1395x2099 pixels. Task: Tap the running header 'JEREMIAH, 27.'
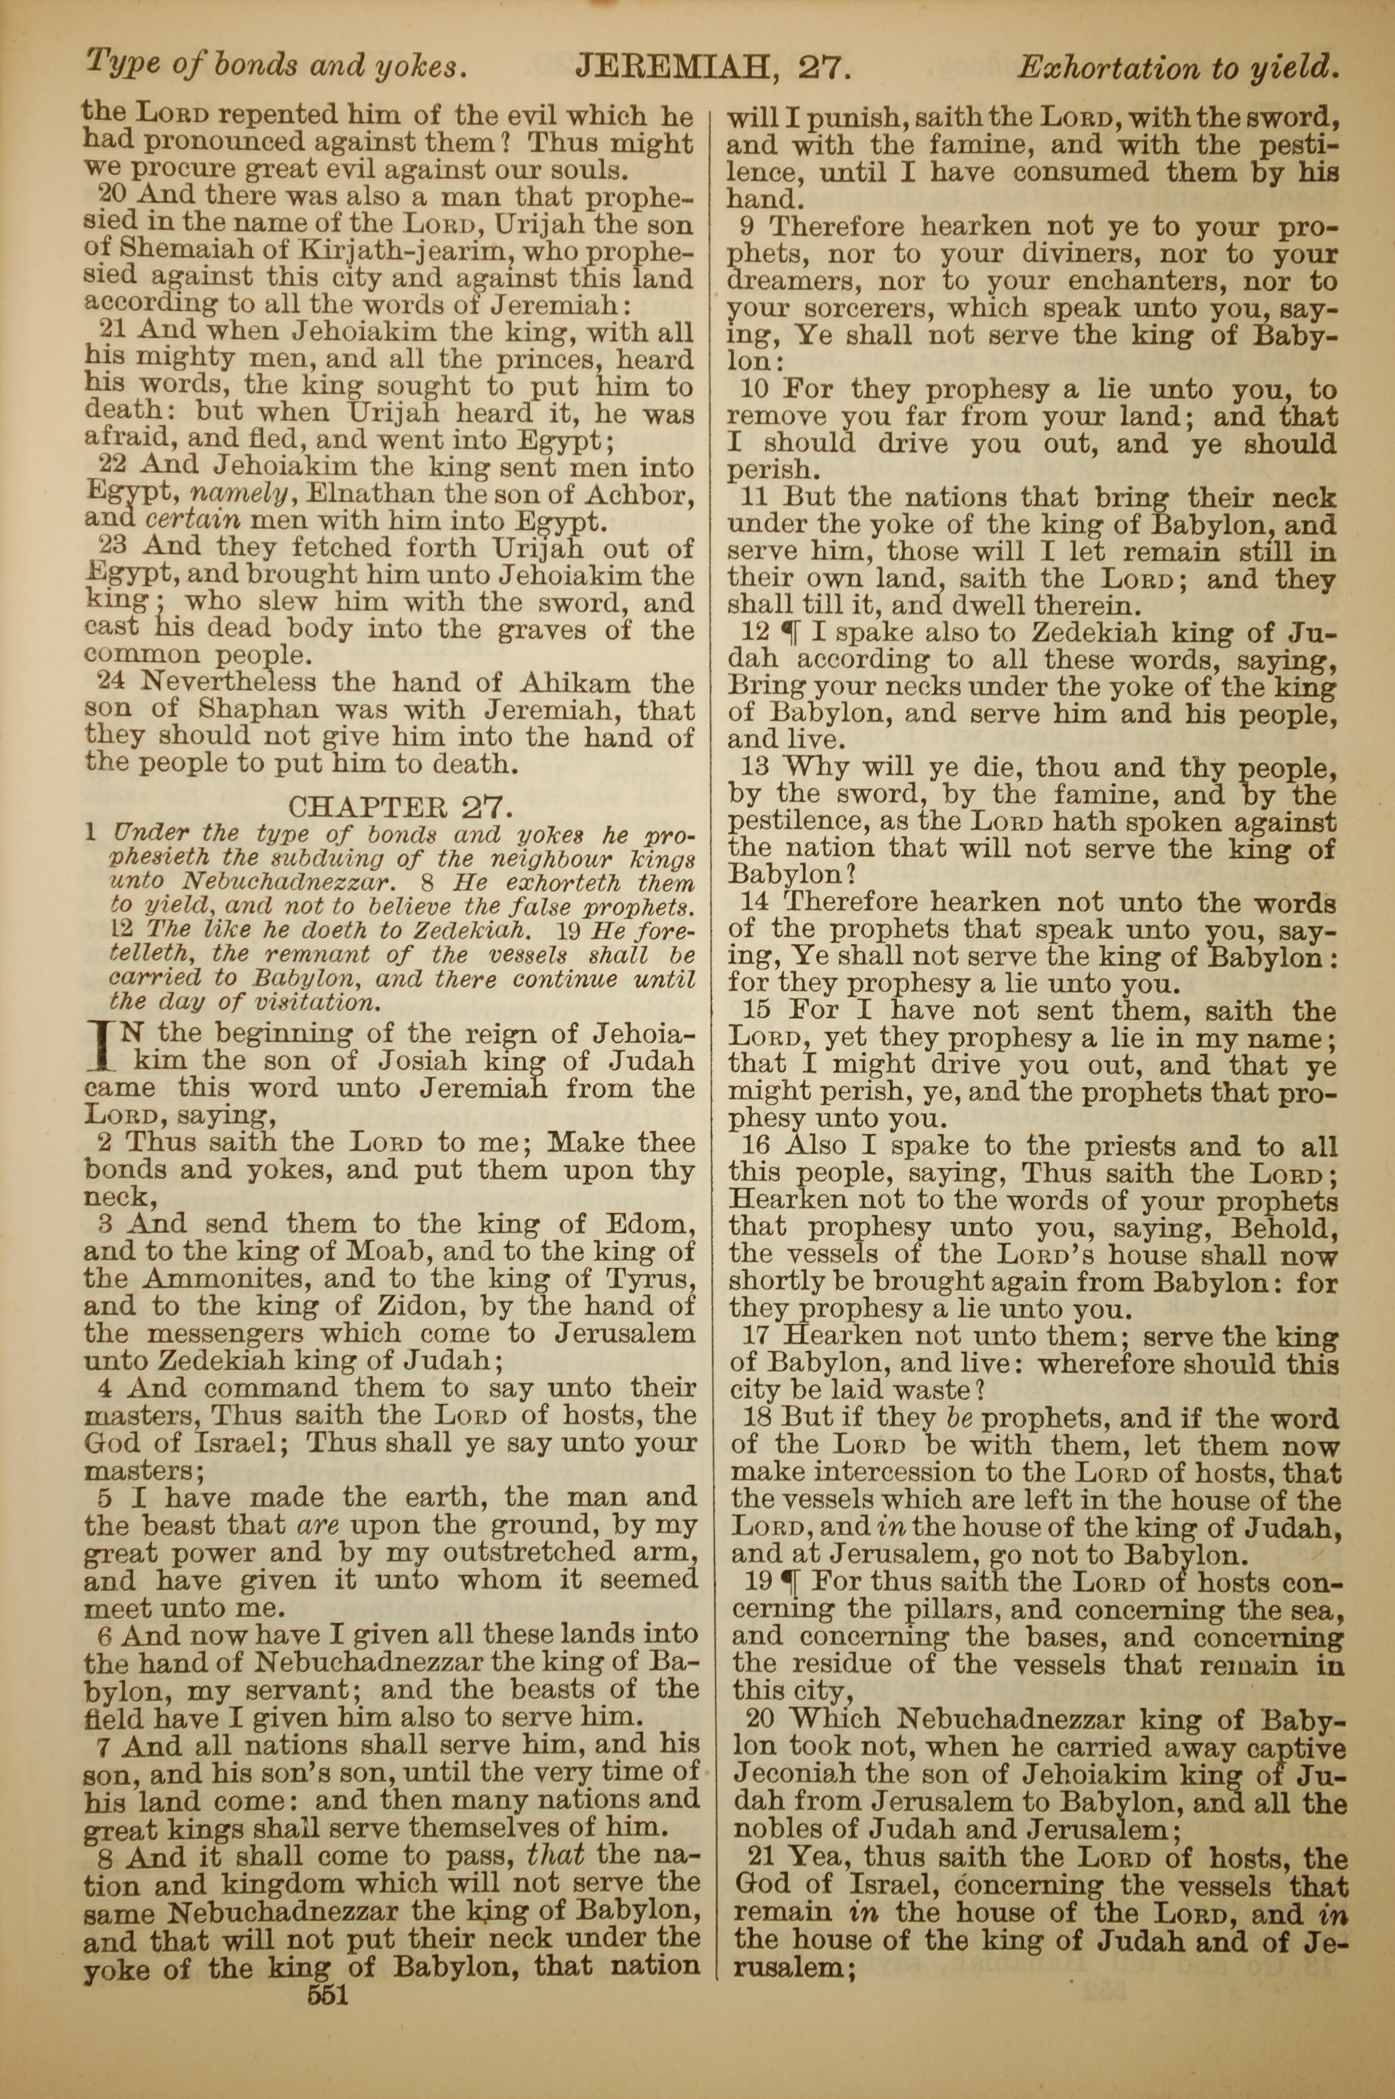(x=714, y=66)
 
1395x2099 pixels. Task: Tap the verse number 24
(x=110, y=683)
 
